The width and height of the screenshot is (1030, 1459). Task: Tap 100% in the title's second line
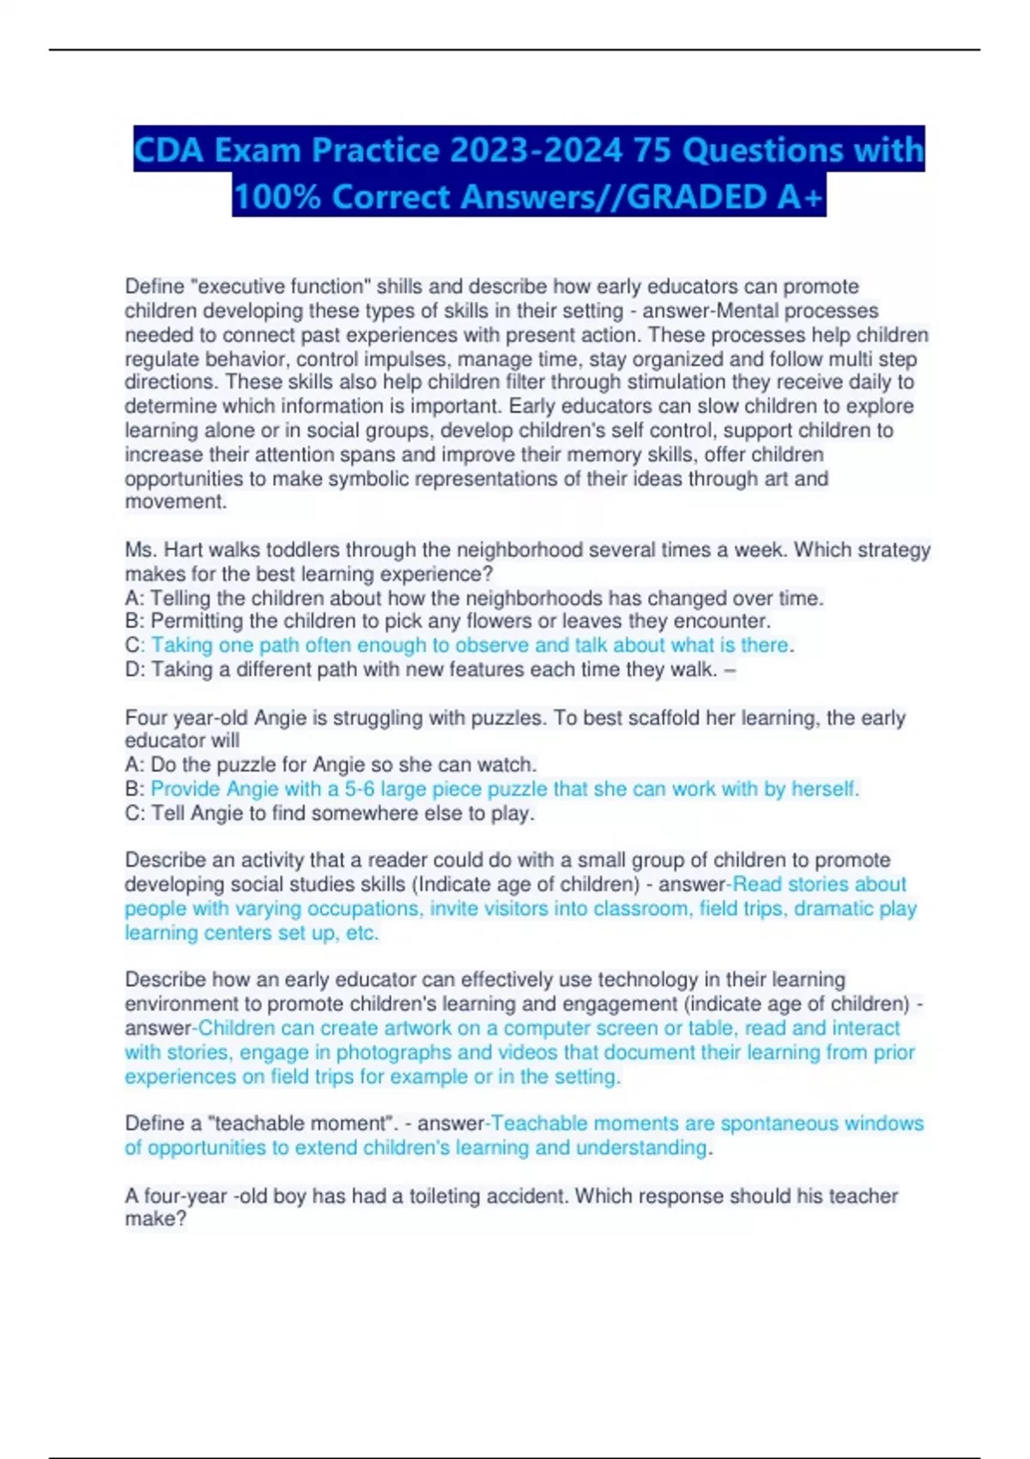click(276, 197)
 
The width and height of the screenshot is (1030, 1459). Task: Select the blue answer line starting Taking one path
click(470, 645)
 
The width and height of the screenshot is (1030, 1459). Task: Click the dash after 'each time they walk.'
click(730, 669)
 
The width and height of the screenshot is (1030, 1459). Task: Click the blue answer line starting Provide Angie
click(504, 789)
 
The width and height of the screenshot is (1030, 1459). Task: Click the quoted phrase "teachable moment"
click(316, 1123)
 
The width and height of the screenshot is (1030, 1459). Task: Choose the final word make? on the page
click(155, 1220)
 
